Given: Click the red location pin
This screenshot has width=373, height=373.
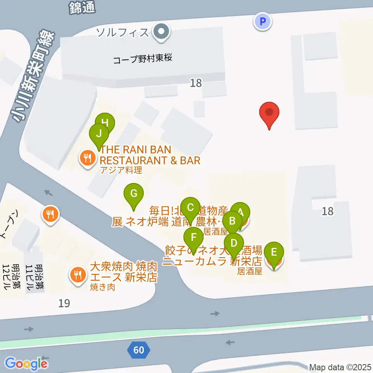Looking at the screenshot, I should click(269, 113).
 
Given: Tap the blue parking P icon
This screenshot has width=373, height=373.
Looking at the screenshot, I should click(263, 21).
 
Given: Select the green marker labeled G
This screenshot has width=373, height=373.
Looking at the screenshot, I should click(133, 193).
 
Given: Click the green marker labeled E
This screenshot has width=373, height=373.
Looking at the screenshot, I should click(274, 252).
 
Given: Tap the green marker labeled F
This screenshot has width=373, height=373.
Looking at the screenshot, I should click(193, 237).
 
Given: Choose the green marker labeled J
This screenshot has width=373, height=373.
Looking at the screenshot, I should click(99, 134).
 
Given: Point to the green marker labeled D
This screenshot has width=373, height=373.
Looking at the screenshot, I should click(234, 244).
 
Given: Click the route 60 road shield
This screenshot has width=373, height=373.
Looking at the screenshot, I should click(138, 350).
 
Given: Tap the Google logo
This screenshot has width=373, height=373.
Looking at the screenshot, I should click(26, 364).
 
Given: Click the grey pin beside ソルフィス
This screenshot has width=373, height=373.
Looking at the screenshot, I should click(160, 31).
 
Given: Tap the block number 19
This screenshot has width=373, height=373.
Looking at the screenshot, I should click(64, 303).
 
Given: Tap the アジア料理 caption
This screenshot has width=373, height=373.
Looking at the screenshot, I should click(121, 170).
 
